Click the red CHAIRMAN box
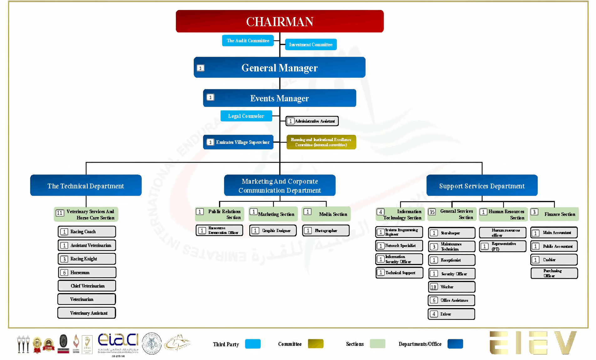(x=279, y=21)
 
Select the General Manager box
(x=279, y=68)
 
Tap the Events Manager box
(x=279, y=98)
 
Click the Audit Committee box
(x=248, y=41)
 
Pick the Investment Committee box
(x=311, y=45)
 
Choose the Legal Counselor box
(x=246, y=116)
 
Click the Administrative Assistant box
(x=312, y=121)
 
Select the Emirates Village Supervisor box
(x=238, y=142)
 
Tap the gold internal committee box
(x=321, y=142)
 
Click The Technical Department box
(x=86, y=186)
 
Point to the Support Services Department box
(x=482, y=186)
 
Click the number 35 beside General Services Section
(x=432, y=212)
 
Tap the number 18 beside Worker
(x=434, y=287)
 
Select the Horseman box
(x=87, y=273)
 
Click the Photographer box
(x=326, y=231)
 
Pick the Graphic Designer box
(x=273, y=231)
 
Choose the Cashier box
(x=554, y=260)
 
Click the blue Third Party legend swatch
(x=253, y=344)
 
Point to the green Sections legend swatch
(x=377, y=344)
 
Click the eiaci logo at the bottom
(x=118, y=341)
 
